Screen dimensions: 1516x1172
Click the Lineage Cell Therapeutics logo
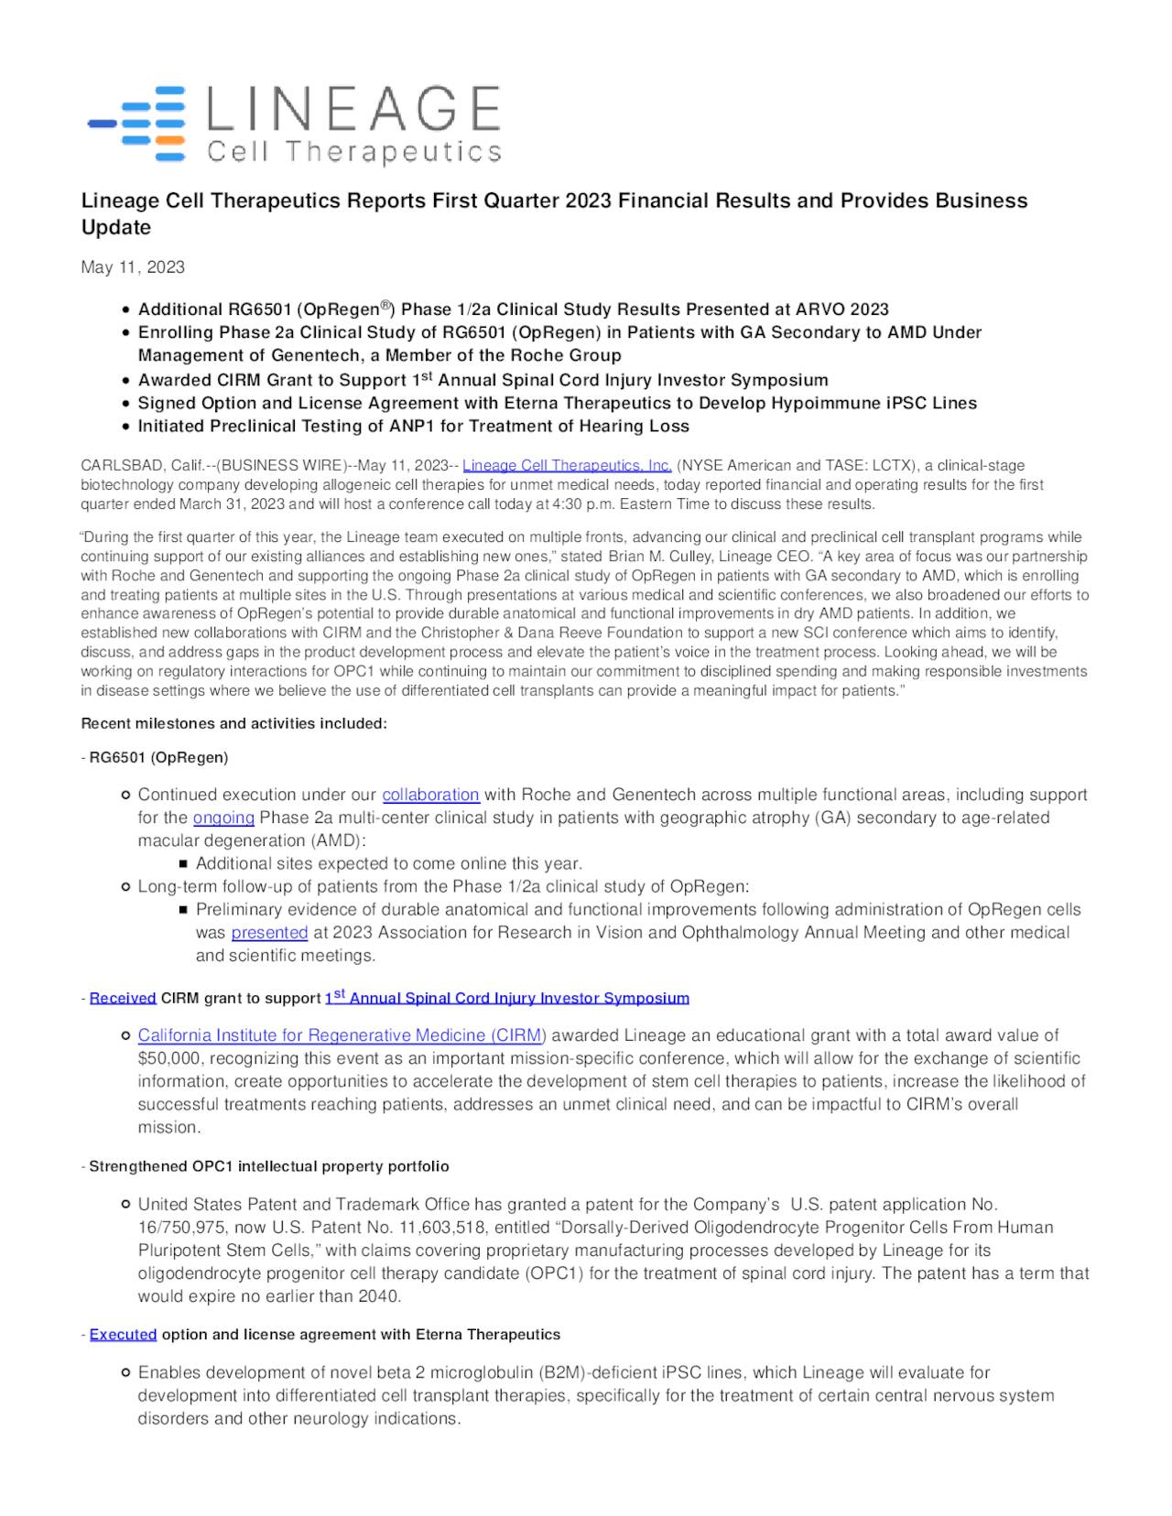click(293, 125)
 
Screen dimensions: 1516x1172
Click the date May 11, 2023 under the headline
click(133, 267)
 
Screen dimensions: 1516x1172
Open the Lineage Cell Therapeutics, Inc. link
click(567, 466)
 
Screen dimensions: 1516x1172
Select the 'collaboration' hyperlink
click(430, 795)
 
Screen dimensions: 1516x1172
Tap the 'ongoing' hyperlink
click(223, 818)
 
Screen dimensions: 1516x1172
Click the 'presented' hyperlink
click(269, 932)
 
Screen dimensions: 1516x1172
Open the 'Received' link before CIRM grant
click(123, 998)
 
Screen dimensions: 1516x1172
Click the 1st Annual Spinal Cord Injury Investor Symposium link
click(506, 998)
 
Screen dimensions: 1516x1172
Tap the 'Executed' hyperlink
click(123, 1335)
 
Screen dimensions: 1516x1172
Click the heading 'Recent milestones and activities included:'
click(234, 724)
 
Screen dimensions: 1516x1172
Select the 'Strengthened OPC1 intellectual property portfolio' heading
click(268, 1166)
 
